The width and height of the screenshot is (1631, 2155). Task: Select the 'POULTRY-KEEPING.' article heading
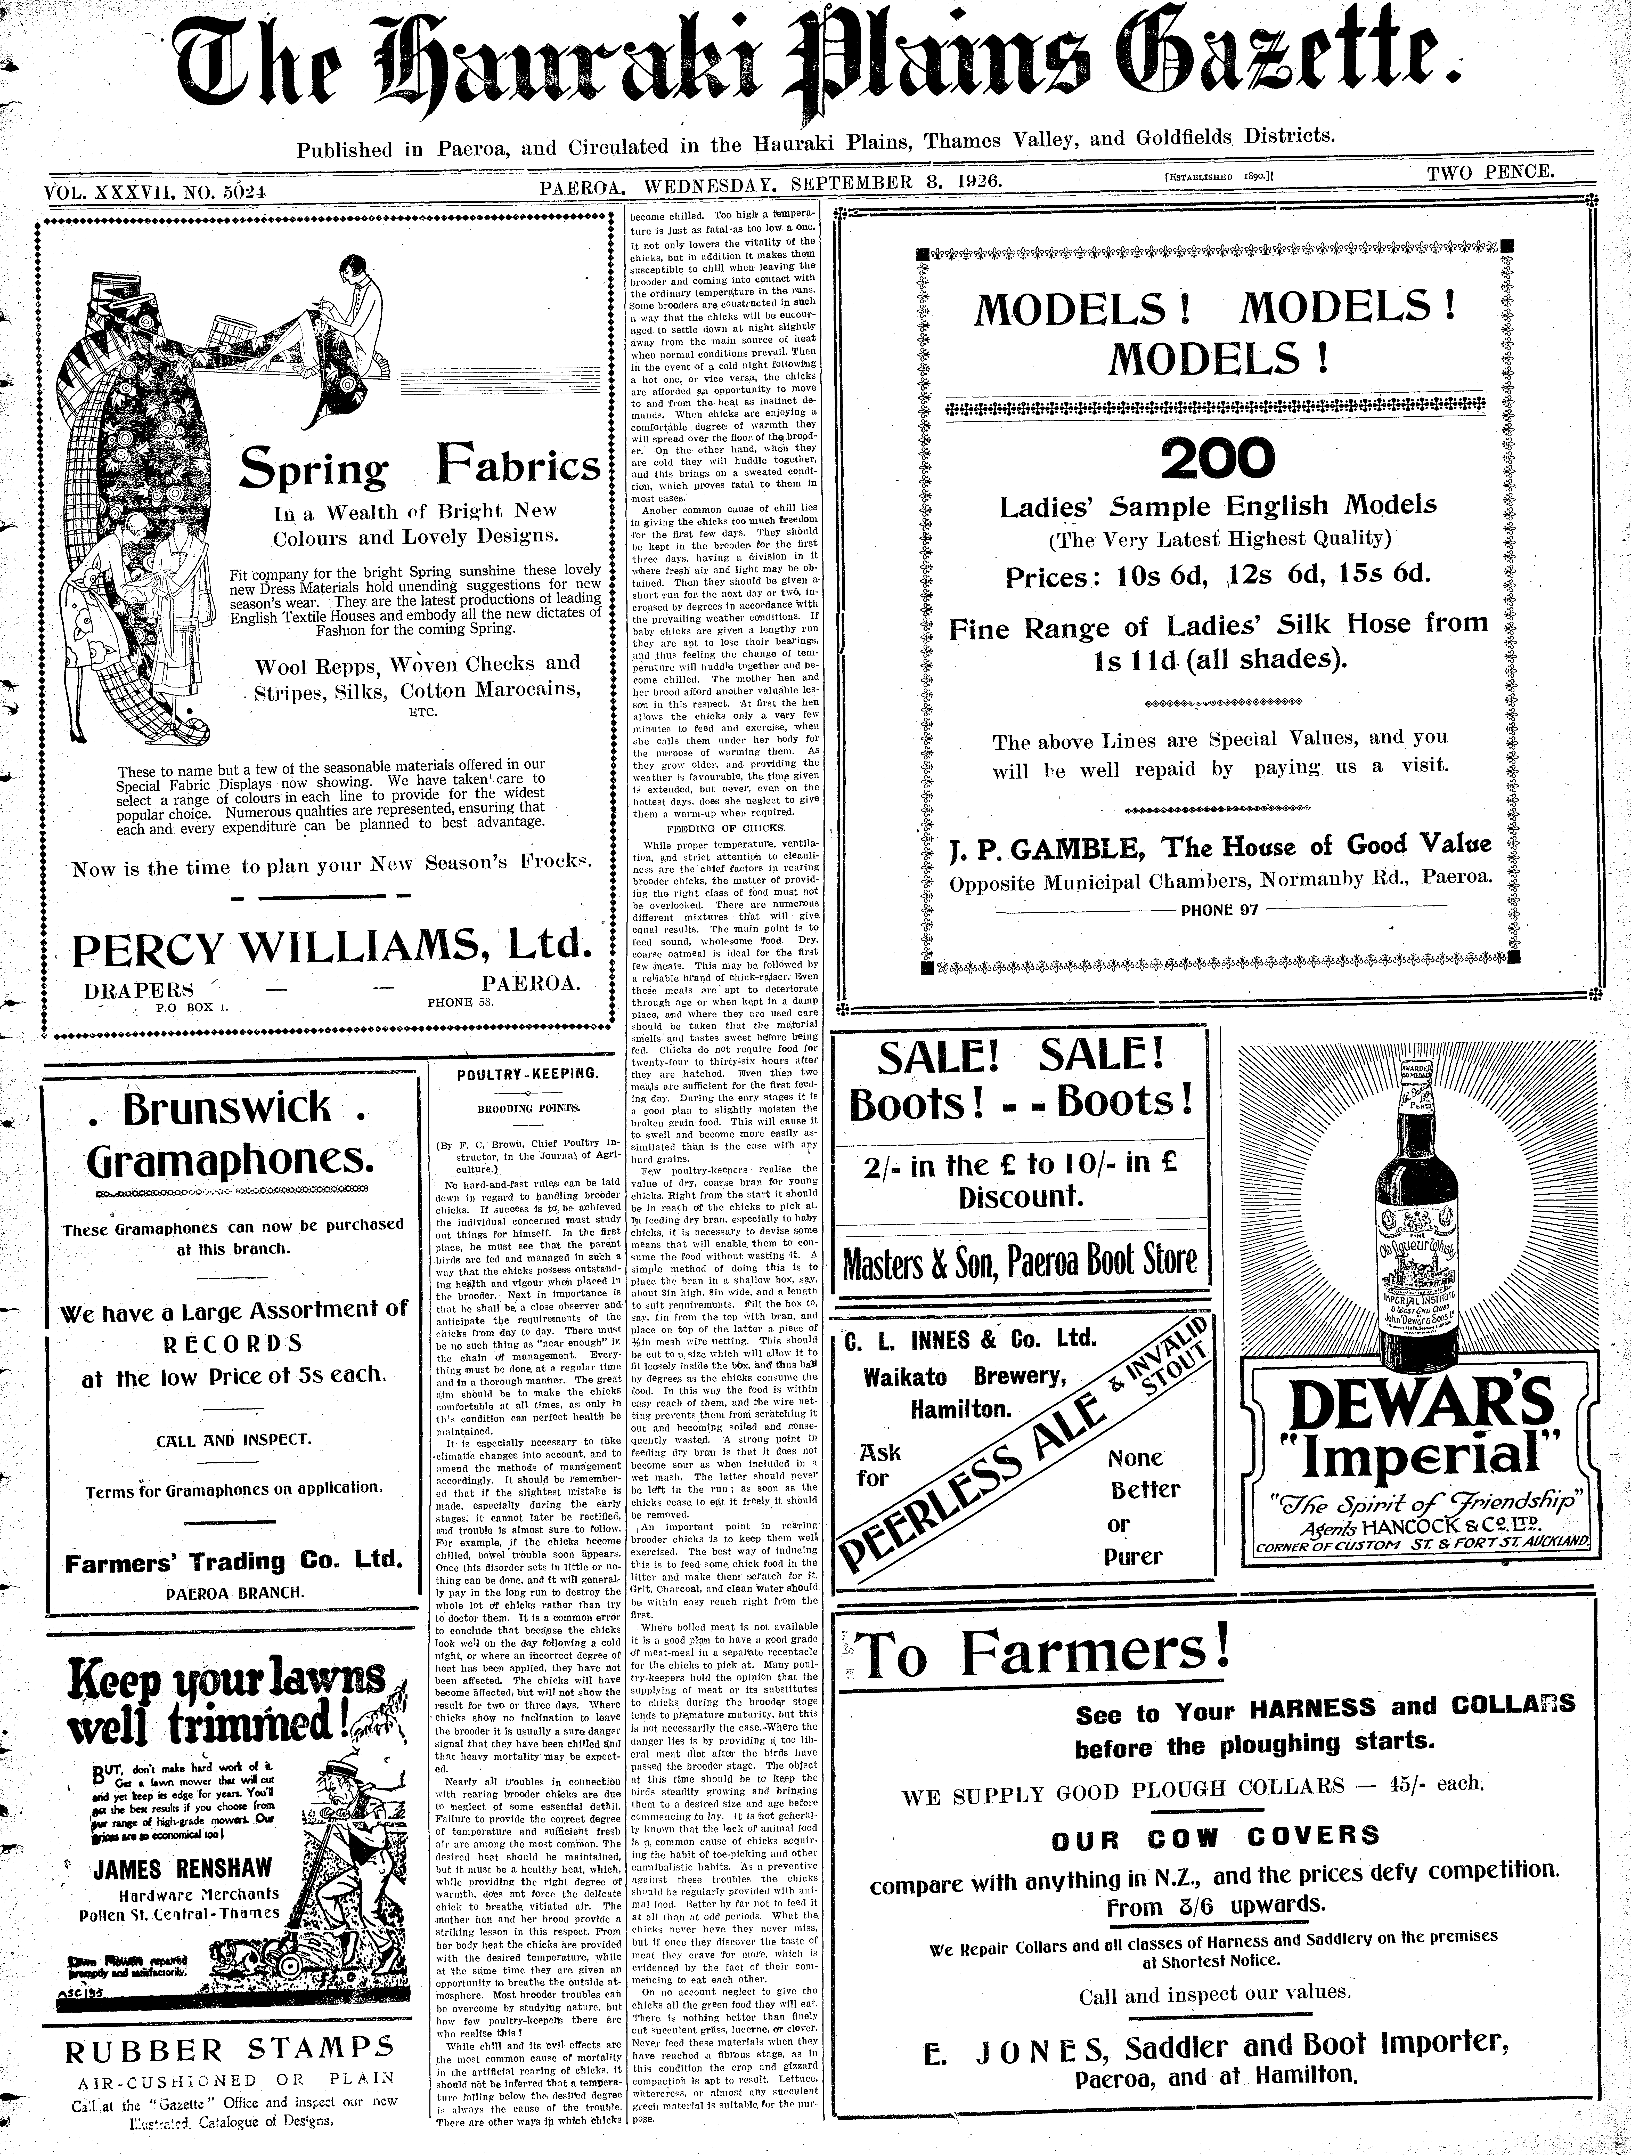[x=524, y=1074]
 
